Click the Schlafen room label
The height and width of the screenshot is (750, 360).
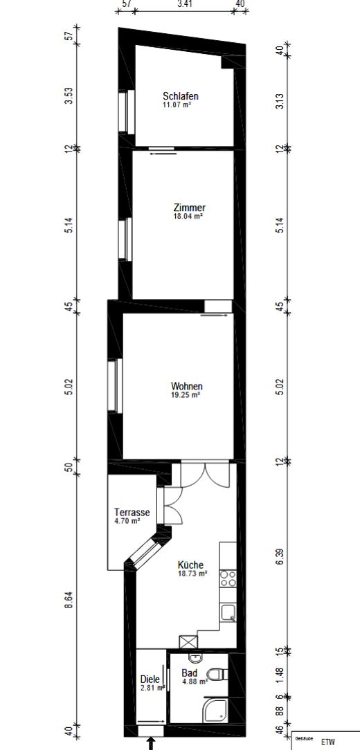pos(181,96)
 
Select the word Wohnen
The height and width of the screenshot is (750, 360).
pos(187,386)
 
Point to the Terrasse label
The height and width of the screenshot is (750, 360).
pos(132,512)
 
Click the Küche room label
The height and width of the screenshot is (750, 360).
pos(190,565)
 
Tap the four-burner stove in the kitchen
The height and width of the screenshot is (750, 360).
pos(228,578)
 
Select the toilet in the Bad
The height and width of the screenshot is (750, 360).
pos(221,675)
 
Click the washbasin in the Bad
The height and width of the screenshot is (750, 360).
pos(195,659)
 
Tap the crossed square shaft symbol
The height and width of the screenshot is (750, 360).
pos(188,642)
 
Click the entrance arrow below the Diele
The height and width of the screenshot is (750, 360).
pos(151,743)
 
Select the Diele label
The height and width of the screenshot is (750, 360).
pos(150,679)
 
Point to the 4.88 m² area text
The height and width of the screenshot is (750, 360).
pos(195,682)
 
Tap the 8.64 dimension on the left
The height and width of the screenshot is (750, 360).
pos(69,600)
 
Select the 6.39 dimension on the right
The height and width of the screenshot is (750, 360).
pos(280,556)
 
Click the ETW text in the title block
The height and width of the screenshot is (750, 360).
pos(328,742)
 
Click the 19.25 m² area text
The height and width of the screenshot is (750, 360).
pos(186,395)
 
